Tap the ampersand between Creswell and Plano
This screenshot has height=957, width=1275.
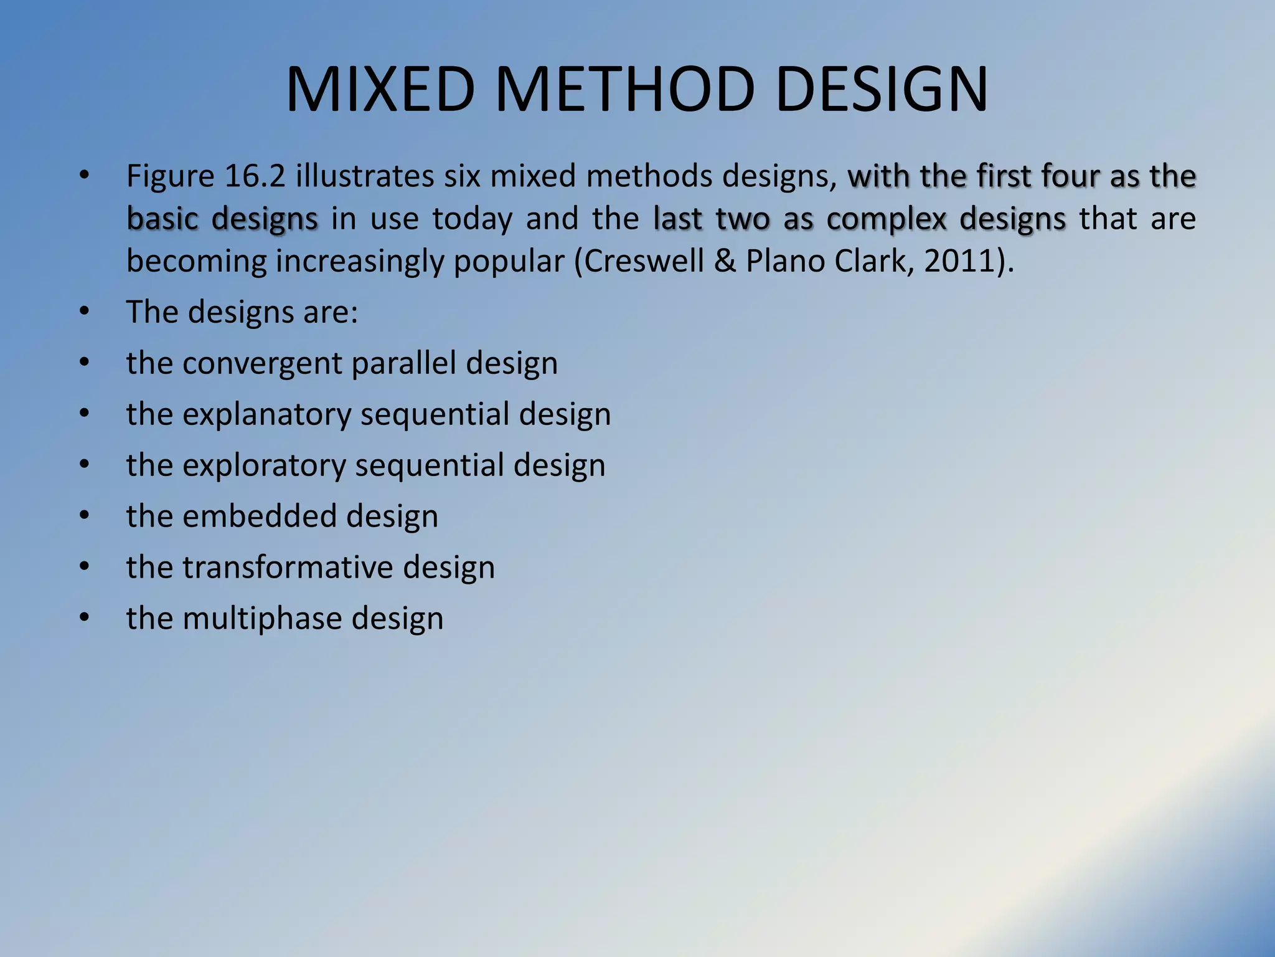(725, 261)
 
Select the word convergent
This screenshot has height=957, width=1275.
(262, 363)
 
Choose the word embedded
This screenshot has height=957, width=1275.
(260, 517)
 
